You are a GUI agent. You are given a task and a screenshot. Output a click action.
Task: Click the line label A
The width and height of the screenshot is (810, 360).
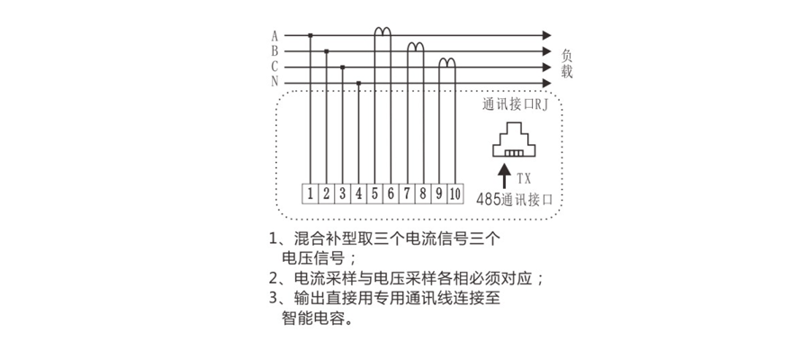274,36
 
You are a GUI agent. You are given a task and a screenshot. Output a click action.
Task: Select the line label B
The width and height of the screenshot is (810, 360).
274,51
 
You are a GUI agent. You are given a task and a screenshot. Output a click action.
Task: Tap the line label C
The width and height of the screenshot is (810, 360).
274,67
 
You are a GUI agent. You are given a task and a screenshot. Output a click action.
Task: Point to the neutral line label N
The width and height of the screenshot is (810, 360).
274,82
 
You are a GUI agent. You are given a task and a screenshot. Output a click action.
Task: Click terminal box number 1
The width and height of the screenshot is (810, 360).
310,193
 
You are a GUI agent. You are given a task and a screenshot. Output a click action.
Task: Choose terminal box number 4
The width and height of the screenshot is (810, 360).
358,193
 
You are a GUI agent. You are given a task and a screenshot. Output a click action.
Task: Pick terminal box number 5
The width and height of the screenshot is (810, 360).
374,193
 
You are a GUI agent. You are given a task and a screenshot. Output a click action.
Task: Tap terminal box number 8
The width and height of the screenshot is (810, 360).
423,193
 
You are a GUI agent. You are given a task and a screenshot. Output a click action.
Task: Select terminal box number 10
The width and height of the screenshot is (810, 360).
454,193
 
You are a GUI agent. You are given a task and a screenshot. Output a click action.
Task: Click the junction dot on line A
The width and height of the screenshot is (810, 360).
310,36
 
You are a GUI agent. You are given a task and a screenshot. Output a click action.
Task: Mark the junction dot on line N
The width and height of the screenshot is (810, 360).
359,83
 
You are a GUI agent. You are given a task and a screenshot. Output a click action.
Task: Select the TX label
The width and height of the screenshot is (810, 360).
524,179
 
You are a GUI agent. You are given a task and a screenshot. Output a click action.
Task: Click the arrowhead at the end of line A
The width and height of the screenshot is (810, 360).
546,36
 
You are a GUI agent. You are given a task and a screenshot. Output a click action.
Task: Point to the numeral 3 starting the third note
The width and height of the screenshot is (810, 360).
274,298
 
